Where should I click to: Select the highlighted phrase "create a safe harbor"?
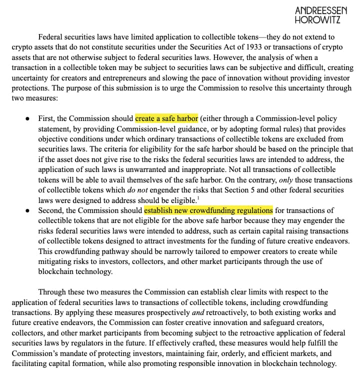pos(166,119)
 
